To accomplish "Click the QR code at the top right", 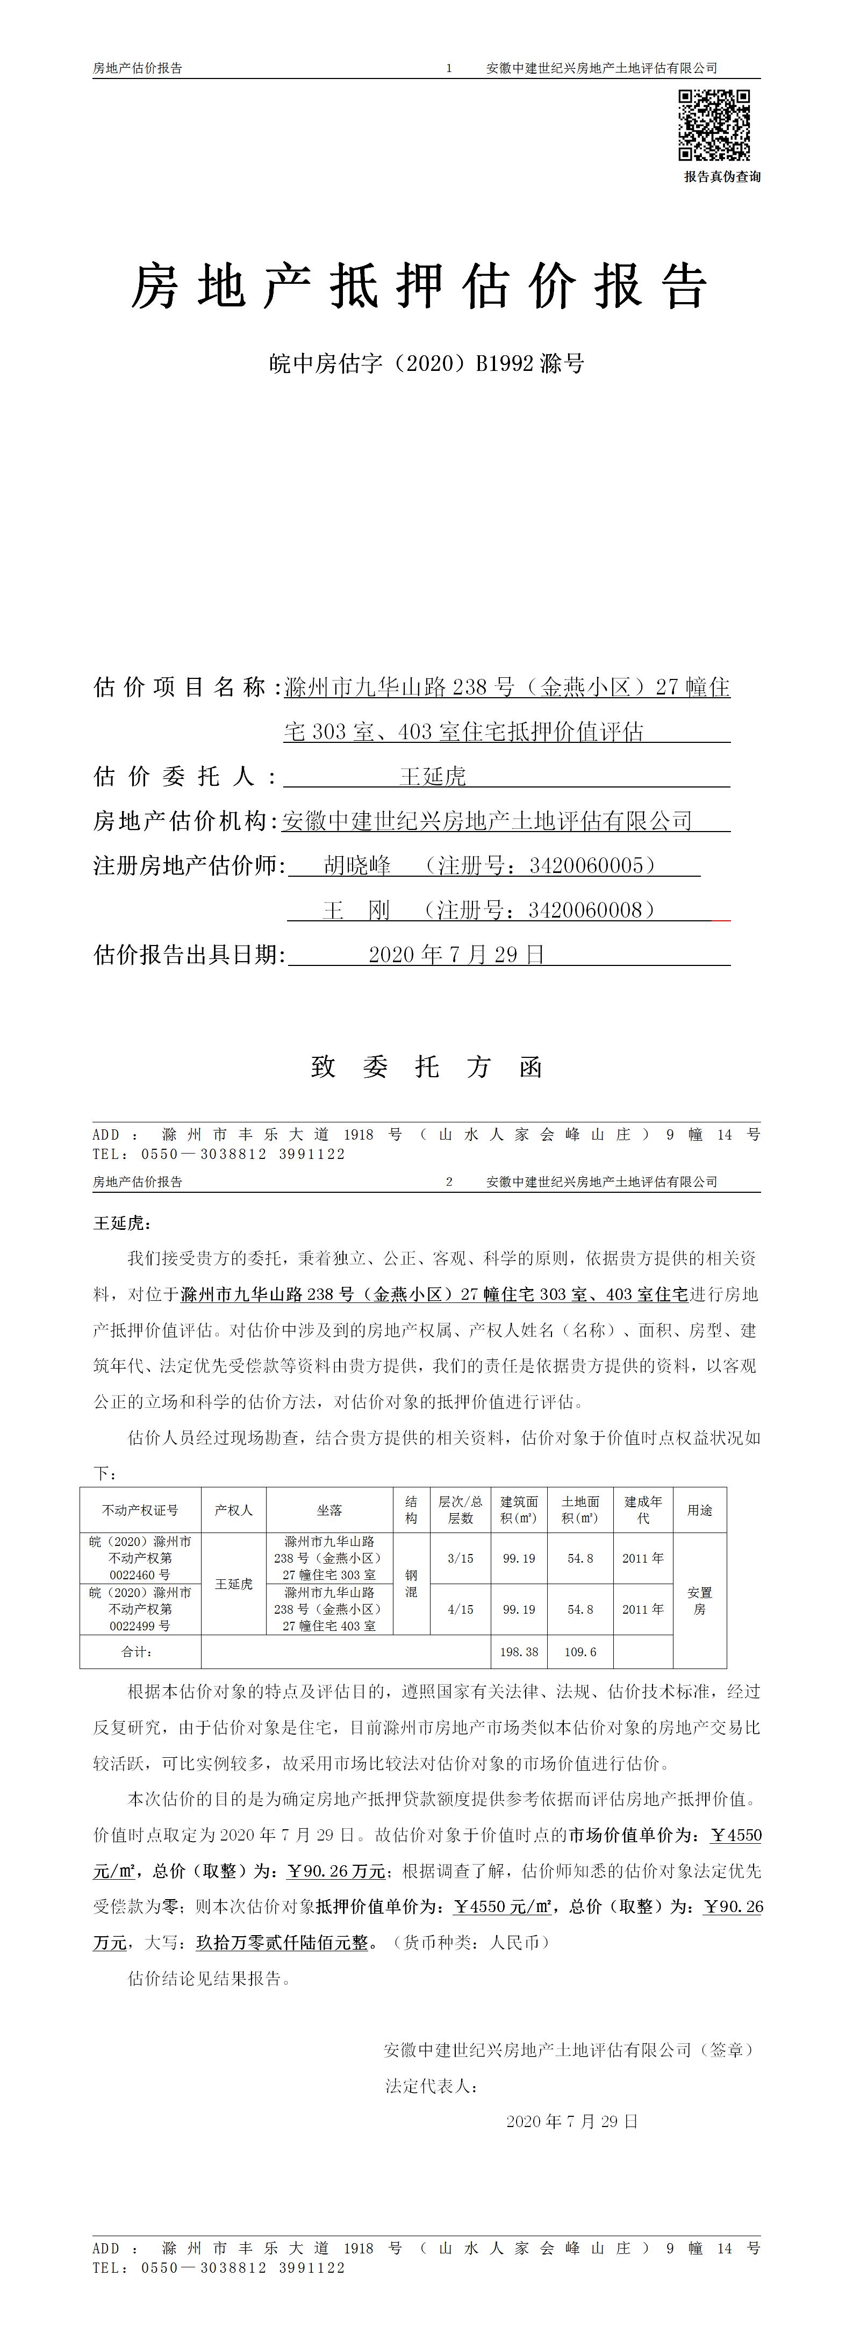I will [714, 125].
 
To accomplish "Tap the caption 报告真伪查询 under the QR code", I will [722, 177].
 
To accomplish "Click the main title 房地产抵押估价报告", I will [418, 287].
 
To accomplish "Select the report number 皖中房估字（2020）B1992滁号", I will [427, 364].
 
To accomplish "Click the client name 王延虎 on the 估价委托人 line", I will [433, 777].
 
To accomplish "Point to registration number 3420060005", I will [591, 865].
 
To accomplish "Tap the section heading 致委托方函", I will [427, 1068].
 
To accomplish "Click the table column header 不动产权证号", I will [140, 1510].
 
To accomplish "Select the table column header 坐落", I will [329, 1510].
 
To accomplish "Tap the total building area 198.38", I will [519, 1652].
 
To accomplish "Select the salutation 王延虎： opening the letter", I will [122, 1223].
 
